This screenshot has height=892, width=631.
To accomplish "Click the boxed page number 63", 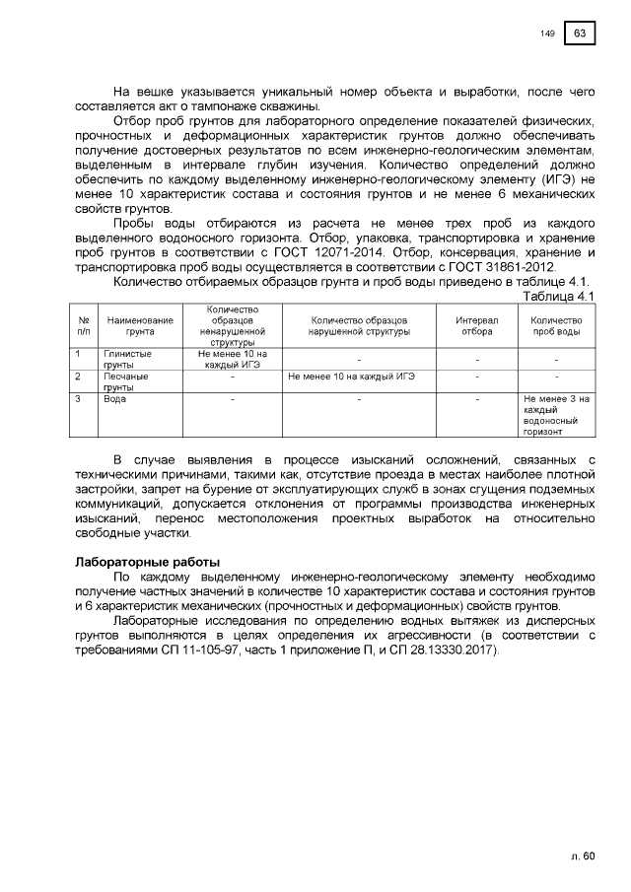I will click(x=580, y=34).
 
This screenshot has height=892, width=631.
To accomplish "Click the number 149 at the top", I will click(x=547, y=34).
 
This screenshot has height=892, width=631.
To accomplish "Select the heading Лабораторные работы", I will click(x=142, y=562).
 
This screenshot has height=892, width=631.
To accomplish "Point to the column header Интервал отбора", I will click(x=477, y=326).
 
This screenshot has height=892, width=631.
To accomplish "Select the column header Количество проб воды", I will click(x=556, y=326).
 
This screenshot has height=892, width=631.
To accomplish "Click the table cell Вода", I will click(x=114, y=399).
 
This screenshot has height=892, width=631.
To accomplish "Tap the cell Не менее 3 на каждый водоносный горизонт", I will click(x=556, y=415).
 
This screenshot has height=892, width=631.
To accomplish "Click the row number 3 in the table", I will click(x=78, y=399).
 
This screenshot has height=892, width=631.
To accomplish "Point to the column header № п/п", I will click(x=83, y=326).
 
